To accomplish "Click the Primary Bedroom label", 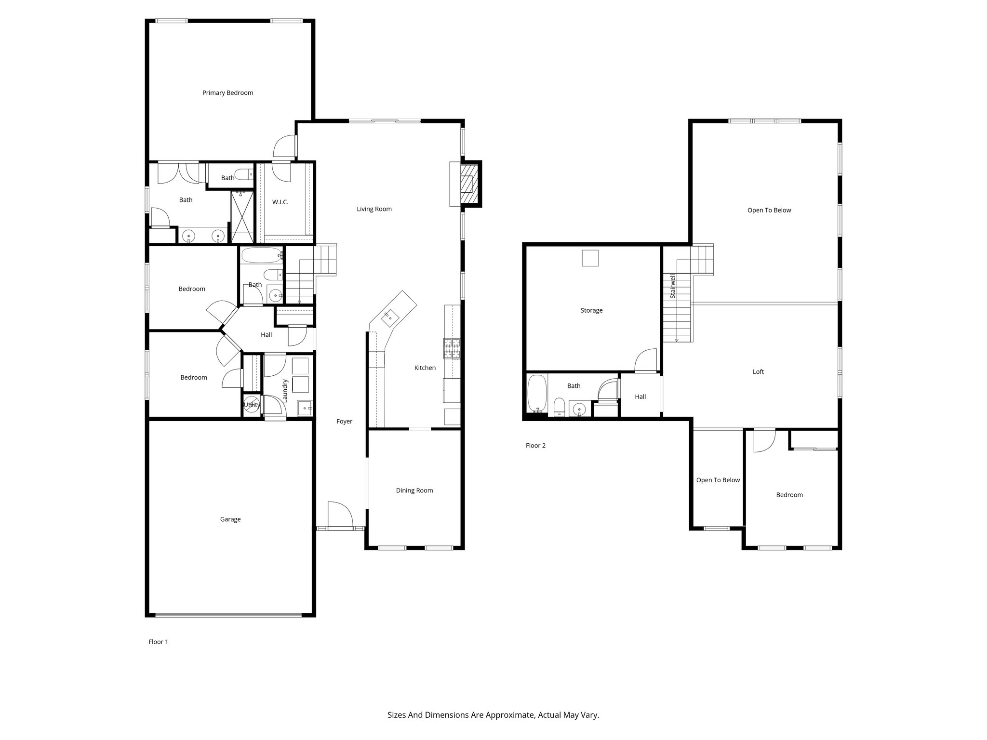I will (227, 93).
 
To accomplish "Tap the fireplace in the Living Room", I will (469, 185).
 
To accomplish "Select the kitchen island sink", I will (389, 317).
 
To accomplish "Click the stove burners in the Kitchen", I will (452, 348).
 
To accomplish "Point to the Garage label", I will (230, 519).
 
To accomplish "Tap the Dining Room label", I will (414, 490).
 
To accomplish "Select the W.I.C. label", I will (280, 202).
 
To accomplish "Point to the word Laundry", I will (285, 390).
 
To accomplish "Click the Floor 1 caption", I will (158, 642).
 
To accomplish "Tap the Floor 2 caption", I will (535, 446).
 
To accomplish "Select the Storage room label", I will (591, 311).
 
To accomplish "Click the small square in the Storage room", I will (590, 258).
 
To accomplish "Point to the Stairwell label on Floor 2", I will (673, 286).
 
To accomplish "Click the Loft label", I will (758, 372).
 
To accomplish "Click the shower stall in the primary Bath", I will (242, 217).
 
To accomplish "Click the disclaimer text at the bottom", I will (493, 715).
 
